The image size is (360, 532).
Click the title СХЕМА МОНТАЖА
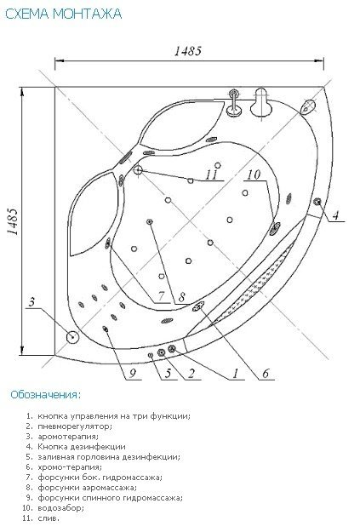tap(64, 14)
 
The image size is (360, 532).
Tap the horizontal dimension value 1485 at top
tap(188, 51)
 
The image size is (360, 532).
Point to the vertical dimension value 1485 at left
tap(12, 220)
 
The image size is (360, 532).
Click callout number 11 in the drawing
tap(211, 174)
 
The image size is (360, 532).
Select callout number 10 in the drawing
tap(254, 174)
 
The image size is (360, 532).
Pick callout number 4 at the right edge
tap(335, 215)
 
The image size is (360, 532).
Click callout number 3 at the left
tap(31, 301)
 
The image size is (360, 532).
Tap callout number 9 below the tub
tap(133, 373)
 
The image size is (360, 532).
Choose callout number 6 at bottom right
tap(266, 373)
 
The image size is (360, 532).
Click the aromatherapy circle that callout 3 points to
tap(72, 337)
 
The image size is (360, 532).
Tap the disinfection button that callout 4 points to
tap(318, 202)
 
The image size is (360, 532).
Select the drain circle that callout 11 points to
tap(138, 169)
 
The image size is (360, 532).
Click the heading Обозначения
tap(46, 395)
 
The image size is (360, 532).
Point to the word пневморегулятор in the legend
tap(75, 426)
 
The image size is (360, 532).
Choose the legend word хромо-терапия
tap(70, 467)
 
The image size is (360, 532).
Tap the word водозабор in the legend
tap(60, 508)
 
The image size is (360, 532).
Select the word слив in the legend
tap(49, 518)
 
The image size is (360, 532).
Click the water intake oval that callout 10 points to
tap(275, 229)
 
